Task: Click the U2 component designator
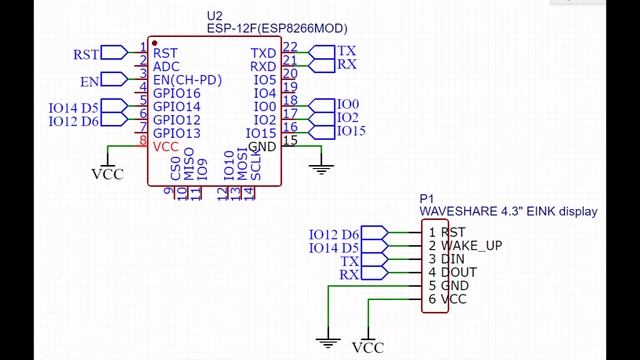click(x=213, y=16)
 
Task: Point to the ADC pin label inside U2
click(x=166, y=66)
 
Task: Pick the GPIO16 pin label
click(x=177, y=93)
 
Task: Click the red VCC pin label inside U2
click(x=166, y=146)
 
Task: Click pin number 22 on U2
click(x=290, y=47)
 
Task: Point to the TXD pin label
click(x=263, y=53)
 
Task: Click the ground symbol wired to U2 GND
click(x=321, y=166)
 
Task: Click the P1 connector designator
click(x=426, y=198)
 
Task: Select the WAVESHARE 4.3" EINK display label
click(x=507, y=211)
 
